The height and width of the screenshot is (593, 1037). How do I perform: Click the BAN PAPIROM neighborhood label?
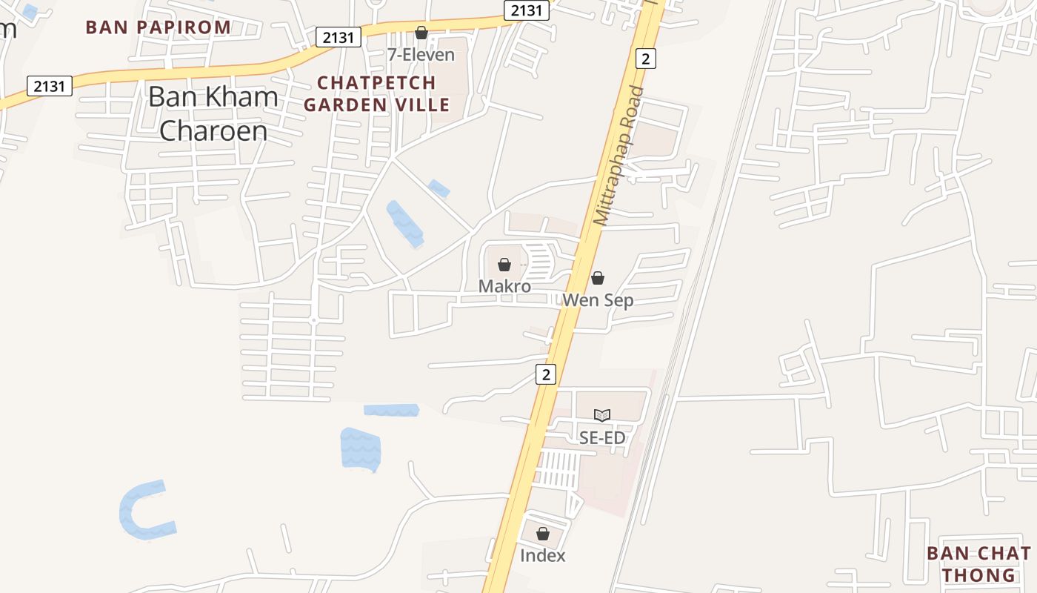159,27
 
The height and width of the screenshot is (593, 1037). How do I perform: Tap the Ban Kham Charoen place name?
213,113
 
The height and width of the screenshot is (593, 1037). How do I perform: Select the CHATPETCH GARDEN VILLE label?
376,93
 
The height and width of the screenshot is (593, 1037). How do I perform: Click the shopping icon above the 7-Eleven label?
421,33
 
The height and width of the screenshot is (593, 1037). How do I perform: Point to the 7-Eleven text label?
421,54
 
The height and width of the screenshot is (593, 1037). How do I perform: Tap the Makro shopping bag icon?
504,265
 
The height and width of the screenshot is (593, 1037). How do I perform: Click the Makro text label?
504,286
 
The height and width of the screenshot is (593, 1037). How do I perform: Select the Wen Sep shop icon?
598,278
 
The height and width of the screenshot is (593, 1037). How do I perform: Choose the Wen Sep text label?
598,300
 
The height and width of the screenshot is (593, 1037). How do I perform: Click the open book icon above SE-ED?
602,416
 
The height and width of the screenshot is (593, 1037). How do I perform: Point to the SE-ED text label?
602,438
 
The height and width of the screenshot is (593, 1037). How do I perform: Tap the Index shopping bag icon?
543,534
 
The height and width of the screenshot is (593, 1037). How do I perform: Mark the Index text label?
543,555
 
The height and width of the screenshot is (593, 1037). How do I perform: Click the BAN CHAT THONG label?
978,563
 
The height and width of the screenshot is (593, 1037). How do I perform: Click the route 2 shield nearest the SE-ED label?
546,374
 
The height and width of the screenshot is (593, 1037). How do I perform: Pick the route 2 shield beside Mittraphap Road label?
645,59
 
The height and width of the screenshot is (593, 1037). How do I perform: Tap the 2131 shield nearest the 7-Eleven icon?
338,36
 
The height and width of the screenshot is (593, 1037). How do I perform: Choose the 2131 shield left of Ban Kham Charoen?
50,86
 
